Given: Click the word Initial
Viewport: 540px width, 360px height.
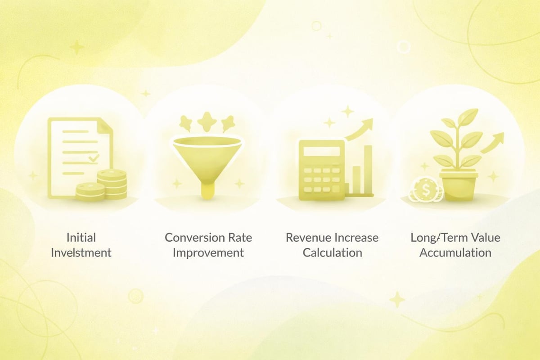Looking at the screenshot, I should tap(81, 237).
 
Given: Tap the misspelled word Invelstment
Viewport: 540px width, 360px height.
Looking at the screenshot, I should tap(81, 252).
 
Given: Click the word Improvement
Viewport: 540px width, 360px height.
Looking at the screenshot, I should tap(208, 252).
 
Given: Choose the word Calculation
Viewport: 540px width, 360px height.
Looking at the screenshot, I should tap(332, 252).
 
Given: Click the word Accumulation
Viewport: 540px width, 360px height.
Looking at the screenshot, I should tap(455, 252).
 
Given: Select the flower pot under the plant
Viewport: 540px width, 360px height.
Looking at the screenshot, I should tap(458, 184).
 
